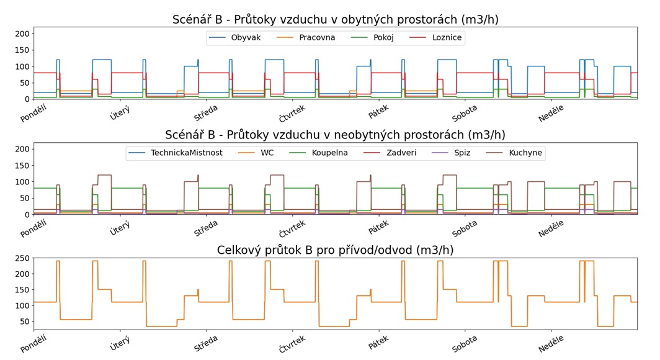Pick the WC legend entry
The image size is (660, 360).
tap(268, 153)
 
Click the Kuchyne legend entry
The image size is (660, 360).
tap(525, 153)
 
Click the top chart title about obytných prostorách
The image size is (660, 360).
tap(335, 20)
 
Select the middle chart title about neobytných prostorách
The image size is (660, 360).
tap(335, 135)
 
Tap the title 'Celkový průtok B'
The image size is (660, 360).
tap(335, 251)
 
